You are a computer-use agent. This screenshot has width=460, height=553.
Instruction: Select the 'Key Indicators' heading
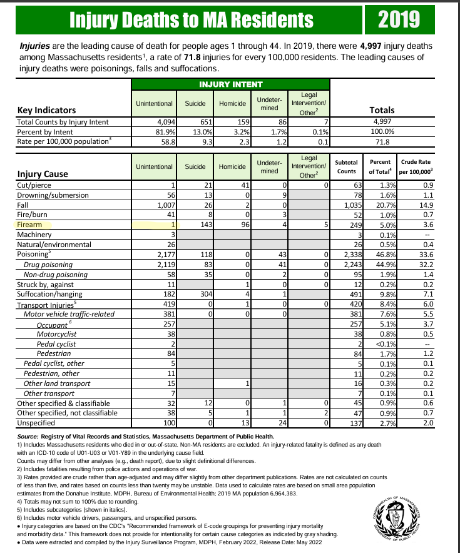(x=47, y=110)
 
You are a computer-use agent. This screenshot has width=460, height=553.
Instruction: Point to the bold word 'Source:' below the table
(x=29, y=436)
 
